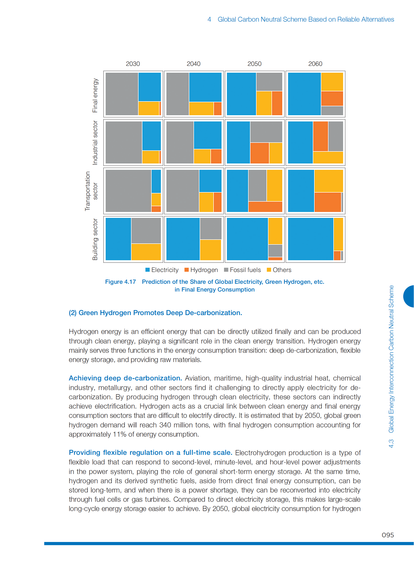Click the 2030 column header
point(133,64)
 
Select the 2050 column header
point(254,64)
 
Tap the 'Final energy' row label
point(95,95)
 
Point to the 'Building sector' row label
point(95,239)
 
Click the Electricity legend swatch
point(148,270)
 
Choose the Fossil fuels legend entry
point(242,270)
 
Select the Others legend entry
point(279,270)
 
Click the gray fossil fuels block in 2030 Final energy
point(122,94)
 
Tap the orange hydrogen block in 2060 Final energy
point(332,98)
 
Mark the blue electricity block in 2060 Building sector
point(310,239)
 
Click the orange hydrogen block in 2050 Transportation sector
point(265,207)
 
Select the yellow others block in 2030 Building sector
point(146,252)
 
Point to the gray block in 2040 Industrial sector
point(180,142)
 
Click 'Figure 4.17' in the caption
point(120,282)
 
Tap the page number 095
point(387,535)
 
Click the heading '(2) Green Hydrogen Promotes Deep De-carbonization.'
point(155,313)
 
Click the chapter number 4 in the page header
point(209,19)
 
